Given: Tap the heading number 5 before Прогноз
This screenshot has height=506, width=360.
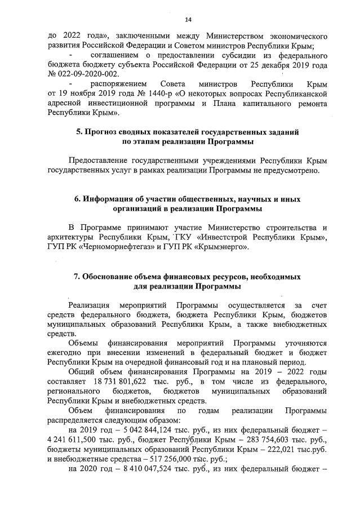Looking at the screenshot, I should pyautogui.click(x=80, y=131).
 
